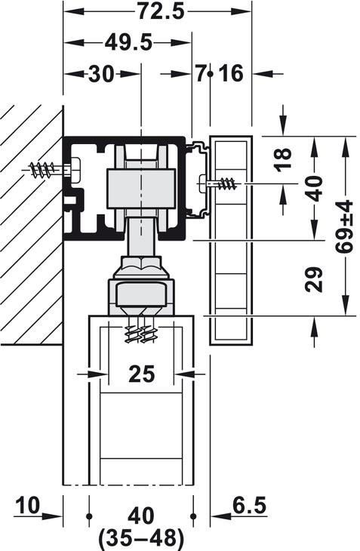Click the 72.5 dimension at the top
(x=161, y=11)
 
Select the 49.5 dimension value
(x=128, y=43)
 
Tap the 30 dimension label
(x=101, y=74)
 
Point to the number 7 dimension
(x=200, y=74)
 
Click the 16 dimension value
(x=231, y=74)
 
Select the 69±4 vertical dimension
(x=343, y=227)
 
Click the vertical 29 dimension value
(x=314, y=280)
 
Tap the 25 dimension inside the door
(x=142, y=374)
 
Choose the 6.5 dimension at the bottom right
(x=249, y=506)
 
